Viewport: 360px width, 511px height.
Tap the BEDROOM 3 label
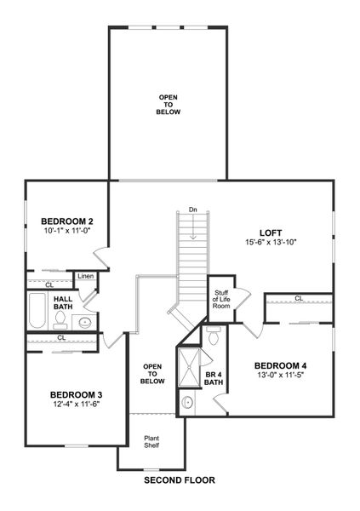pyautogui.click(x=76, y=394)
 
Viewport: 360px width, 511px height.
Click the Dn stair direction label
pyautogui.click(x=193, y=210)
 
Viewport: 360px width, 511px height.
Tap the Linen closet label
pyautogui.click(x=85, y=277)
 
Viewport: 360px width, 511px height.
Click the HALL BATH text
pyautogui.click(x=63, y=303)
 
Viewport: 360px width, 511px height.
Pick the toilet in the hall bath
pyautogui.click(x=60, y=319)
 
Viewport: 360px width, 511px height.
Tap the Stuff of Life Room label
pyautogui.click(x=220, y=299)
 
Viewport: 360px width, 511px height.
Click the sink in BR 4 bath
pyautogui.click(x=188, y=402)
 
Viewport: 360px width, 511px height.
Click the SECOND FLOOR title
pyautogui.click(x=179, y=480)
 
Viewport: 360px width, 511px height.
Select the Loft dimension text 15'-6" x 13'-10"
pyautogui.click(x=270, y=242)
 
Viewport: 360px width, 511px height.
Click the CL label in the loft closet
pyautogui.click(x=299, y=298)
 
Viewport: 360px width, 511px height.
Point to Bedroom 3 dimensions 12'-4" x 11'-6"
pyautogui.click(x=76, y=405)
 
